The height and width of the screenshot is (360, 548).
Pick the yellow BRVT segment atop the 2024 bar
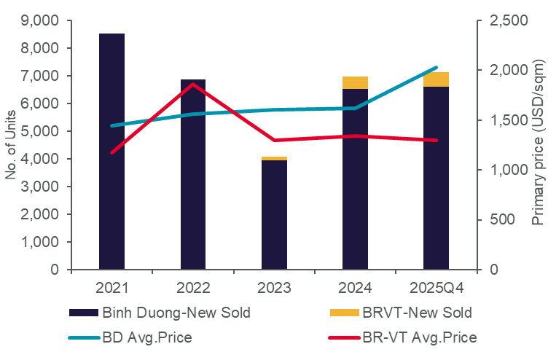tap(356, 82)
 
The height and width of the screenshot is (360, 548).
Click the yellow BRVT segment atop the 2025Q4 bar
tap(437, 79)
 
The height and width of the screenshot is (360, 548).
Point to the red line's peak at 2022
tap(193, 84)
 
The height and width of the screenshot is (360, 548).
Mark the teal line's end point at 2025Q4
tap(437, 67)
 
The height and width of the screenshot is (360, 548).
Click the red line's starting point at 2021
tap(111, 152)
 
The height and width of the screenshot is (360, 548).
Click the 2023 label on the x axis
tap(275, 286)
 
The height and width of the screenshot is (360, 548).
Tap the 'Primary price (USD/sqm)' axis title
tap(537, 145)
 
